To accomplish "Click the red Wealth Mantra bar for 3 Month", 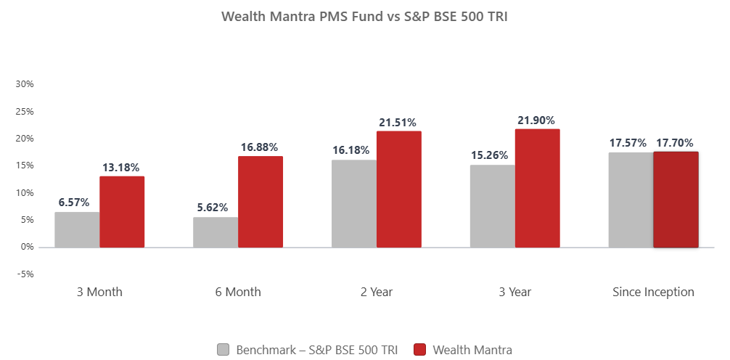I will click(x=122, y=211).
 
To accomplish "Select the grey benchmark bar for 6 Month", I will click(x=216, y=232).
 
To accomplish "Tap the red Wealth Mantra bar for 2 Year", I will click(x=398, y=189).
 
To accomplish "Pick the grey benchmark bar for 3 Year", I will click(x=492, y=206).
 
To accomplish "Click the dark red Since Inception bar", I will click(x=676, y=200).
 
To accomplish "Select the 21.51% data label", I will click(x=398, y=123).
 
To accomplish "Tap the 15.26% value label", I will click(x=492, y=156).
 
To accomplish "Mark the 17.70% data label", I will click(x=675, y=143).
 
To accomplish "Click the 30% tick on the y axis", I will click(x=25, y=84).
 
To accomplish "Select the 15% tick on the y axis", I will click(x=25, y=165).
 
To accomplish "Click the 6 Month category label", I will click(x=238, y=292).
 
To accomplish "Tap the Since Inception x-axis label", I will click(x=653, y=292).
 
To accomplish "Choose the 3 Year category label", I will click(x=514, y=292).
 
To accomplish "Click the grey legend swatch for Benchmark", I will click(x=223, y=350).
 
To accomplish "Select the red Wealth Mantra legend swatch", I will click(x=419, y=350).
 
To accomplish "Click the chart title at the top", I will click(x=364, y=17).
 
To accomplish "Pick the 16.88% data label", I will click(x=260, y=148).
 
